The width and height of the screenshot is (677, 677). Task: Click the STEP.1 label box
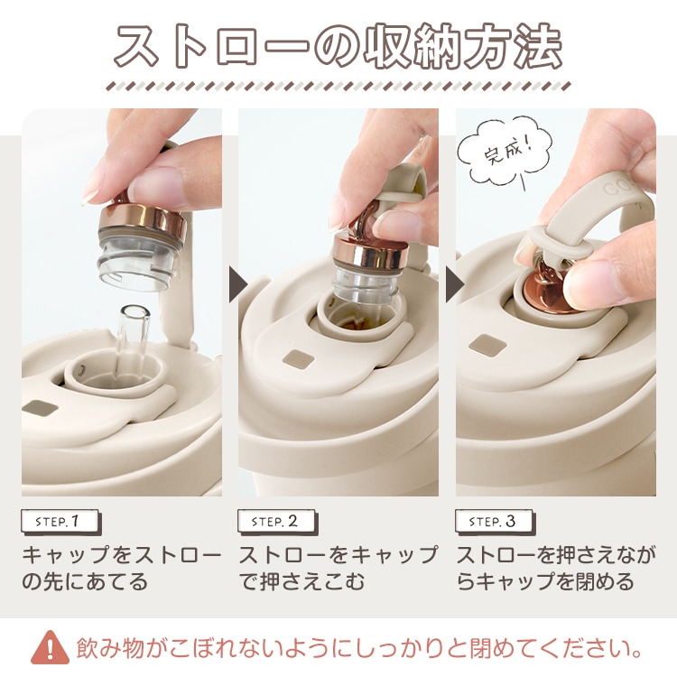[x=60, y=522]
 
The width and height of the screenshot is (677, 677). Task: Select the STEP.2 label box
[x=278, y=522]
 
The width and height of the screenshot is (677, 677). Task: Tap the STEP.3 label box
[x=495, y=522]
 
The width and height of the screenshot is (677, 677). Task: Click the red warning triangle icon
[x=50, y=647]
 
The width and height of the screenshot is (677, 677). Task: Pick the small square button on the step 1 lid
[x=40, y=408]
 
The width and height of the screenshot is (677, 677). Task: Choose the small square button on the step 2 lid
[x=299, y=359]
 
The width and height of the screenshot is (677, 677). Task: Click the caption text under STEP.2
[x=338, y=568]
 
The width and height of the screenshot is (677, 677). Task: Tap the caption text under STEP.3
[x=556, y=568]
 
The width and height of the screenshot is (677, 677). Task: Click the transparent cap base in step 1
[x=137, y=264]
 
